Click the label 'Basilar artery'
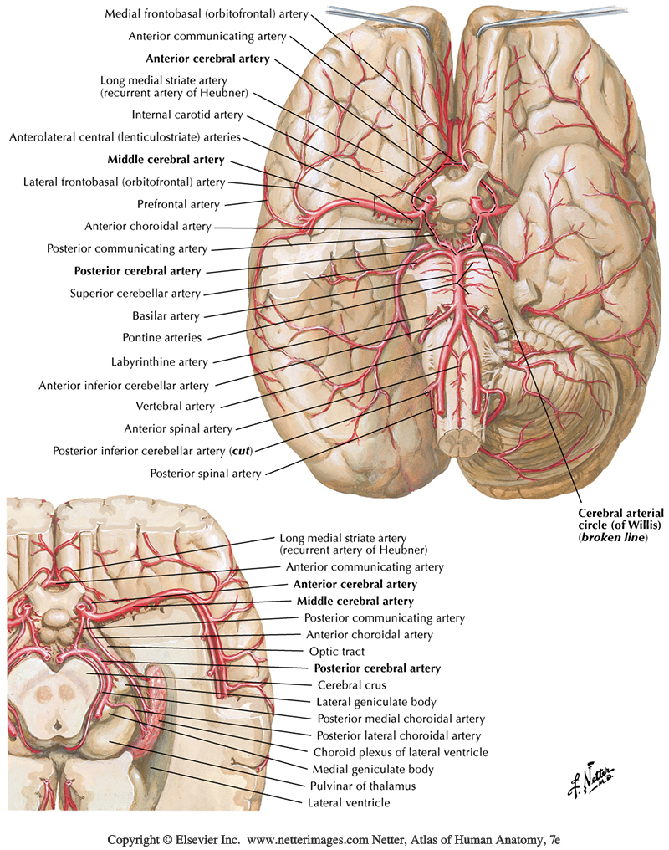[x=166, y=316]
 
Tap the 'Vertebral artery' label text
[x=175, y=407]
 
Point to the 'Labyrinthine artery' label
[x=160, y=362]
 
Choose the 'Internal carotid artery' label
[x=187, y=115]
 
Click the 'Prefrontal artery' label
[x=178, y=204]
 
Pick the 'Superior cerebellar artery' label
[x=135, y=294]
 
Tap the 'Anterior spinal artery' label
[x=178, y=429]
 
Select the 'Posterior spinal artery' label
[x=206, y=474]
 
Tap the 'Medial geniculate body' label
[x=373, y=769]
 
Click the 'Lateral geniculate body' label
[x=375, y=702]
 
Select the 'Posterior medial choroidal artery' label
[x=401, y=719]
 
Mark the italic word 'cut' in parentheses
[x=239, y=451]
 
